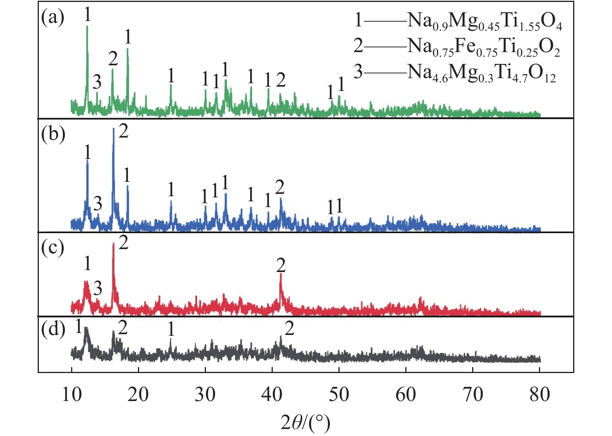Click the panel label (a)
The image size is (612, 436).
pos(53,18)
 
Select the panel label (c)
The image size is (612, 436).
pos(53,248)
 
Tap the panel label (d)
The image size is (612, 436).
pos(53,330)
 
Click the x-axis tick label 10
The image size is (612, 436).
pos(71,394)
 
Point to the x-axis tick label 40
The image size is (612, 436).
pos(272,394)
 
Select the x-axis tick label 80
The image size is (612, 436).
pos(539,394)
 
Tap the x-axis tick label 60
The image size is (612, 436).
pos(406,394)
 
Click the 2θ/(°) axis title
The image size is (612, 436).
pos(305,422)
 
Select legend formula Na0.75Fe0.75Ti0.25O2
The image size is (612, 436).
pos(484,47)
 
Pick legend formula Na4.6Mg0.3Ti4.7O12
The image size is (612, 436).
pos(481,73)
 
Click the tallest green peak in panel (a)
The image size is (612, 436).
pos(87,27)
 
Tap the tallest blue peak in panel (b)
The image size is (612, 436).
pos(113,129)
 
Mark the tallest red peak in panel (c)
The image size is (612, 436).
pos(113,244)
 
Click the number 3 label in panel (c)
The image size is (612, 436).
pos(98,288)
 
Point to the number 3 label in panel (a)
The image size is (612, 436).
pos(97,82)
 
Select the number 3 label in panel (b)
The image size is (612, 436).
pos(98,203)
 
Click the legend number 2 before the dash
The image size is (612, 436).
pos(358,46)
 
